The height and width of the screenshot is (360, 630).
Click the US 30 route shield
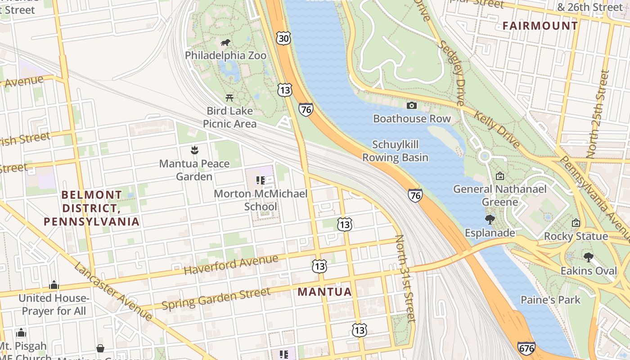point(283,38)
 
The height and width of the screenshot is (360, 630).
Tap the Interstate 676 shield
point(526,348)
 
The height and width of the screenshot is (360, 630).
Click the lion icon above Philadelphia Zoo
point(225,43)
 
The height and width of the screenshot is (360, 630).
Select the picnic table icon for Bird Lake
point(229,97)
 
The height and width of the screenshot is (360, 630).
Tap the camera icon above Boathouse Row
point(411,106)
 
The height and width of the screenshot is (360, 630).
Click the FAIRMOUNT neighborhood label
point(540,26)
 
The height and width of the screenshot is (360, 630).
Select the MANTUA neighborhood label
point(324,292)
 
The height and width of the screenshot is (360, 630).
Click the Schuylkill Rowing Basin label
point(395,151)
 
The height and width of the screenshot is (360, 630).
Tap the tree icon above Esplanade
point(490,220)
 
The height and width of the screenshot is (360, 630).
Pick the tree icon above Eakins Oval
point(588,257)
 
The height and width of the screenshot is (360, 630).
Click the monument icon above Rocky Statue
point(576,223)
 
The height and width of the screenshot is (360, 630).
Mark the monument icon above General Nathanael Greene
point(499,176)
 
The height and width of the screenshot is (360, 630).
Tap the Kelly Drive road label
point(497,129)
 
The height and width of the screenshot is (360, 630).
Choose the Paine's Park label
point(550,300)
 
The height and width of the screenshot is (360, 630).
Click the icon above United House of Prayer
point(54,285)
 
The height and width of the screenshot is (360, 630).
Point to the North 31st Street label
point(405,278)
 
